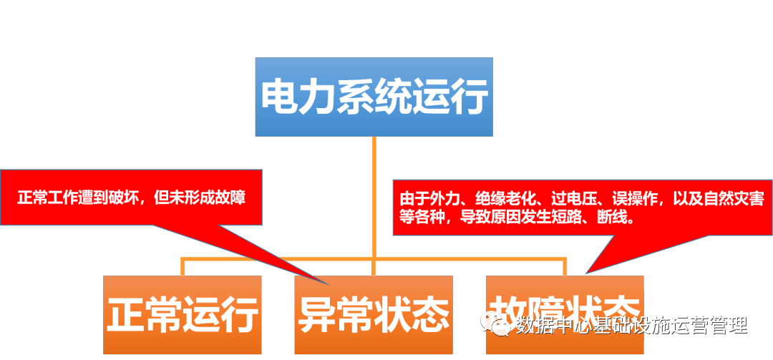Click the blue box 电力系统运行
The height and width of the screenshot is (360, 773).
[x=374, y=97]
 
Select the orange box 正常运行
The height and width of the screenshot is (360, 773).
[x=182, y=314]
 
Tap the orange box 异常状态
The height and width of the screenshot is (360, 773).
[x=374, y=314]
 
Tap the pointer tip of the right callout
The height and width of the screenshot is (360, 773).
[x=586, y=273]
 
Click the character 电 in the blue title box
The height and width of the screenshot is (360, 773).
[x=276, y=97]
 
